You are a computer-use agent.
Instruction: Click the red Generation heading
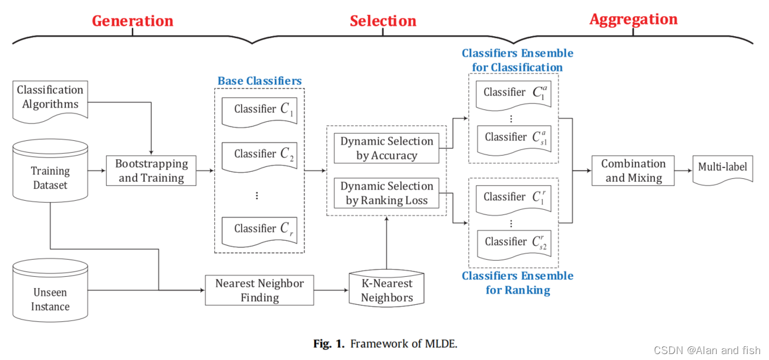[x=132, y=21]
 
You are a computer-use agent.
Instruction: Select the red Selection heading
[x=383, y=21]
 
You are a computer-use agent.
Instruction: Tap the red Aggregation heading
[x=633, y=19]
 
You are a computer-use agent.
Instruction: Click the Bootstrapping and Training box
[x=151, y=170]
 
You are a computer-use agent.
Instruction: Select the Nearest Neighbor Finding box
[x=260, y=290]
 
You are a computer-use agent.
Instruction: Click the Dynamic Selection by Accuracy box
[x=387, y=149]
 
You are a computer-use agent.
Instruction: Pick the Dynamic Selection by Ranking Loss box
[x=387, y=193]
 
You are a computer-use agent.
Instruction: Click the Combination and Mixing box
[x=633, y=170]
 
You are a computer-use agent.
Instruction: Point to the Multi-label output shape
[x=723, y=169]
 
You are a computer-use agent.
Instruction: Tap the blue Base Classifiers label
[x=260, y=81]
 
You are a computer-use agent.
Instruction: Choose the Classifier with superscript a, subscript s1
[x=514, y=138]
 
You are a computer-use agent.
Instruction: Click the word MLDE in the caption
[x=439, y=343]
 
